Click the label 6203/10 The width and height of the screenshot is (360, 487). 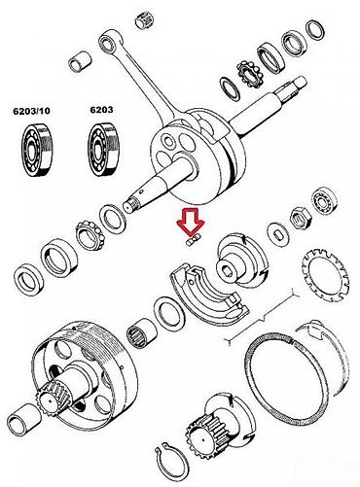[x=31, y=111]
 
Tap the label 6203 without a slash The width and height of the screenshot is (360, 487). [x=101, y=110]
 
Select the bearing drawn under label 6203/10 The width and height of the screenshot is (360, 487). [x=38, y=150]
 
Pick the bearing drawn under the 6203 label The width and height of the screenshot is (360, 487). [x=104, y=150]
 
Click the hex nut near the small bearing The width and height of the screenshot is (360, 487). [x=301, y=218]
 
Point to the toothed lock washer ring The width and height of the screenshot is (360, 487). [x=326, y=274]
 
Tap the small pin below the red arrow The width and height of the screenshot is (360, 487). [x=194, y=241]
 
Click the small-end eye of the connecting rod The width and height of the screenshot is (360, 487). [x=106, y=42]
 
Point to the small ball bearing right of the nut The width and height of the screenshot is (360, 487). [x=324, y=200]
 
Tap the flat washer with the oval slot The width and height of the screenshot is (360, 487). [x=279, y=235]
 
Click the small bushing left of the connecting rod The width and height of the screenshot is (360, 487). [x=80, y=61]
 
